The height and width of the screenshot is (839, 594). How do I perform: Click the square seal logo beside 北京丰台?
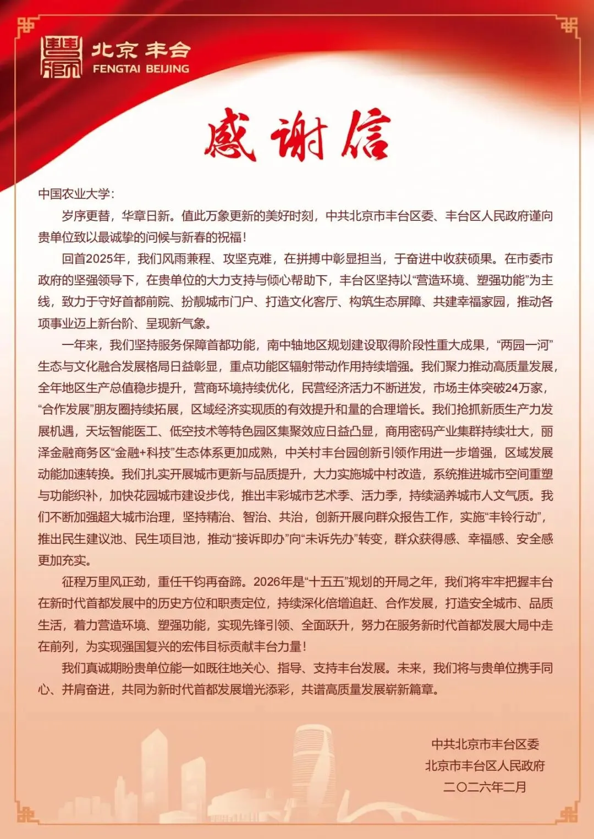(62, 57)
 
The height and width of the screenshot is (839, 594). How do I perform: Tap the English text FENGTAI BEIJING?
(141, 69)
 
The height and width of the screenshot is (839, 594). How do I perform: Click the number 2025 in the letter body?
(99, 259)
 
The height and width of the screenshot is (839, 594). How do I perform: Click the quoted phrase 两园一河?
(524, 345)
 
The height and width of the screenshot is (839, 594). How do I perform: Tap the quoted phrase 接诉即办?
(261, 539)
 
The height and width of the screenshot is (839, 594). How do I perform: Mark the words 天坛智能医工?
(122, 431)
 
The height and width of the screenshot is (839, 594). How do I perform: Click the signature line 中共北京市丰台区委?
(485, 744)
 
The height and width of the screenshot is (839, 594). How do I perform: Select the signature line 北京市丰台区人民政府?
(485, 766)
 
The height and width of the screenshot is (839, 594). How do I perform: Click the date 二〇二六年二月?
(485, 787)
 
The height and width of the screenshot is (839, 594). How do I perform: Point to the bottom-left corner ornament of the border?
(25, 813)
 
